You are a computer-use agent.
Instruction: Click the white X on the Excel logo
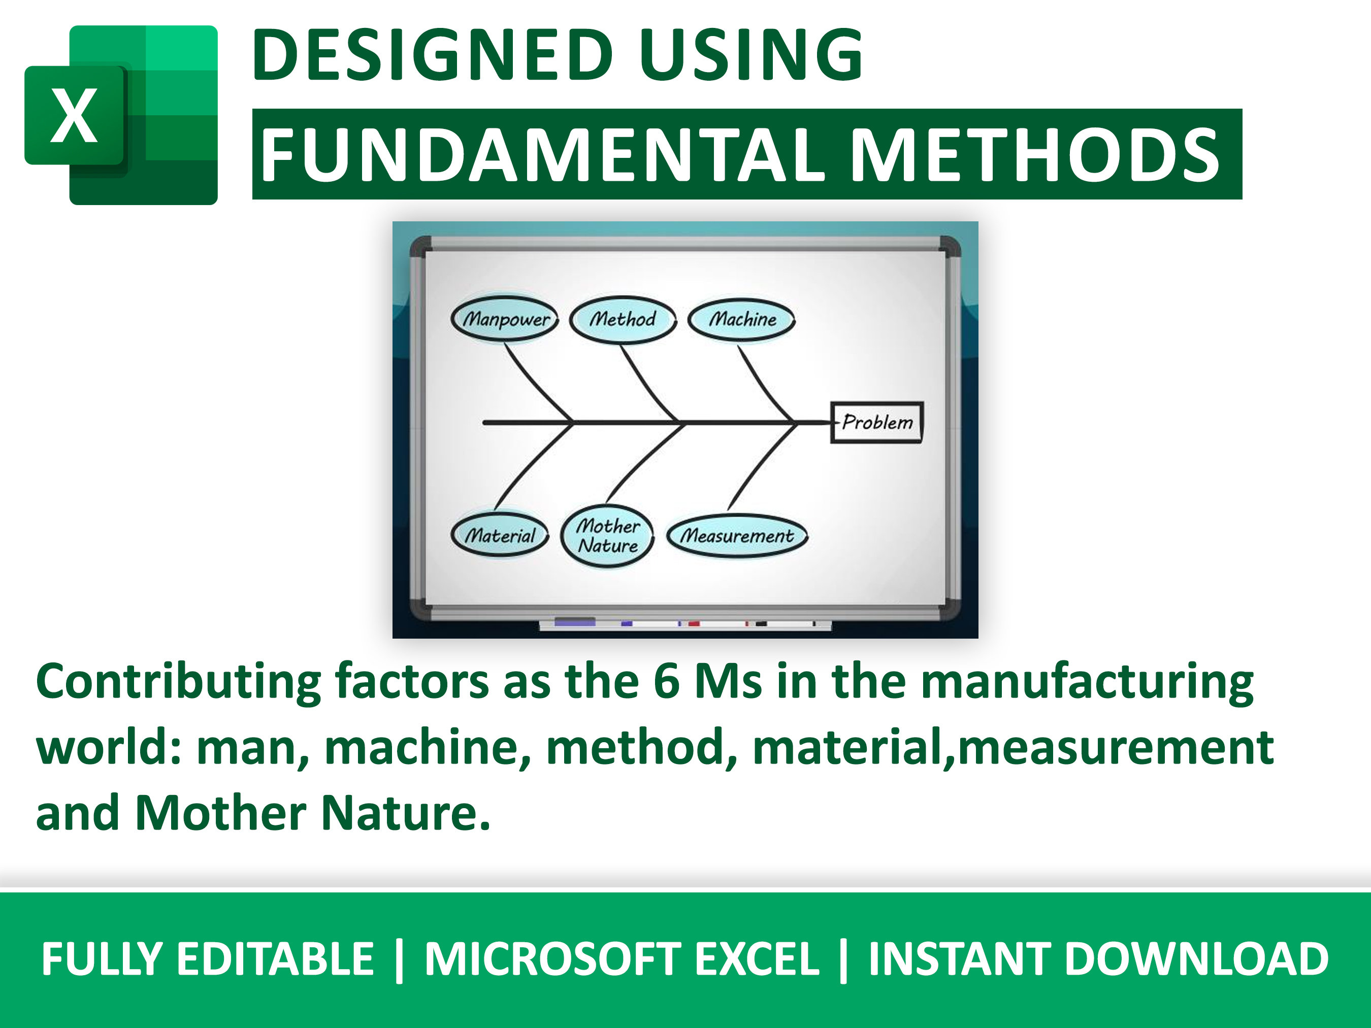[74, 116]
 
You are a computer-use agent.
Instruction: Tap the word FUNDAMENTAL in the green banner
[542, 155]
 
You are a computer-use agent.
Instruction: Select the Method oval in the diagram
[622, 319]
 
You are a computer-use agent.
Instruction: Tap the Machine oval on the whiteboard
[742, 319]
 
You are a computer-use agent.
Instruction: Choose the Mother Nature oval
[607, 536]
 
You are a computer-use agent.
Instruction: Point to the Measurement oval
[737, 536]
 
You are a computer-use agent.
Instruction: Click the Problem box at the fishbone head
[876, 422]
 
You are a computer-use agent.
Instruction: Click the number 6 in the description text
[666, 682]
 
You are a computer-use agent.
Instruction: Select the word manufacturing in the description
[1087, 682]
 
